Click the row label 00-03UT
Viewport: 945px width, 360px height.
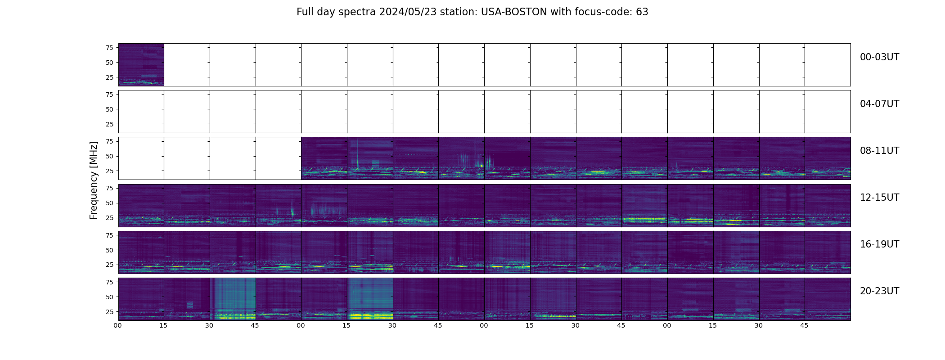879,57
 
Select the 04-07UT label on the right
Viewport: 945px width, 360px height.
879,104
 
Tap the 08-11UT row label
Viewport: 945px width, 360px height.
879,151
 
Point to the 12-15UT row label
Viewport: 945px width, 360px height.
879,198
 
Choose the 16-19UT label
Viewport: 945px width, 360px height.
879,244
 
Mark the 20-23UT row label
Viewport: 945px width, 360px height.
879,291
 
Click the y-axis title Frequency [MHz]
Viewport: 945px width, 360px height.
94,180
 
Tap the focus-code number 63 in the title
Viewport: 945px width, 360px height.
642,12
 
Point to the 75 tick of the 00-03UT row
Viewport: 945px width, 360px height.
109,48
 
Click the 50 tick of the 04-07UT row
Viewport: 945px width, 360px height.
109,109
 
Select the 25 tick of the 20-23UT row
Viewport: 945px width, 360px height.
109,311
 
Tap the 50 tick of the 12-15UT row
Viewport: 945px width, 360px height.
109,203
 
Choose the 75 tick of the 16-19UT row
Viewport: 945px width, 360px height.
109,235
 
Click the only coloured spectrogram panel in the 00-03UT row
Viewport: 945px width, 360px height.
141,64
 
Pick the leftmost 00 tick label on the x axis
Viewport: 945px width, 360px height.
118,325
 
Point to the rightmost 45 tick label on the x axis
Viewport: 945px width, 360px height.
804,325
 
